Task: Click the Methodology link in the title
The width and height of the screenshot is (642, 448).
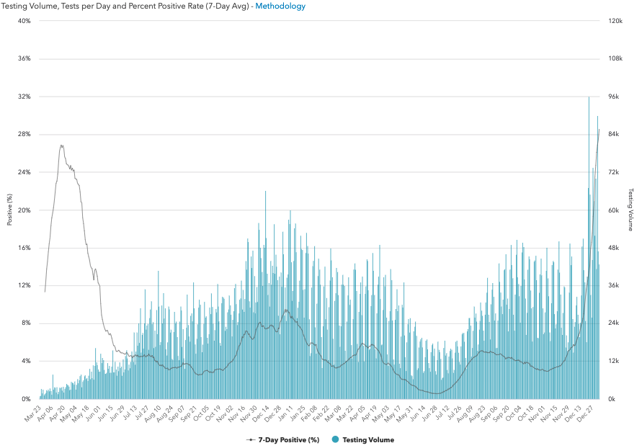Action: pos(280,6)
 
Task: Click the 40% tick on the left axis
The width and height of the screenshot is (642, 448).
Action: pos(24,21)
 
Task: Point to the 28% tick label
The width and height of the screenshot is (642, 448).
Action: pos(24,134)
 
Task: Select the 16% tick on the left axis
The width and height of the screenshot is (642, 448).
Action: pos(24,248)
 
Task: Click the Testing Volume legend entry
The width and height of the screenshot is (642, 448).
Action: pos(367,439)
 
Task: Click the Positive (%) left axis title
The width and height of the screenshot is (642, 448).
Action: pos(10,210)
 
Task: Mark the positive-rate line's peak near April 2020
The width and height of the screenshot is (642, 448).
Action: pos(61,145)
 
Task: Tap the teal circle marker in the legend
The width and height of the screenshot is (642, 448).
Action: pos(335,439)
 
